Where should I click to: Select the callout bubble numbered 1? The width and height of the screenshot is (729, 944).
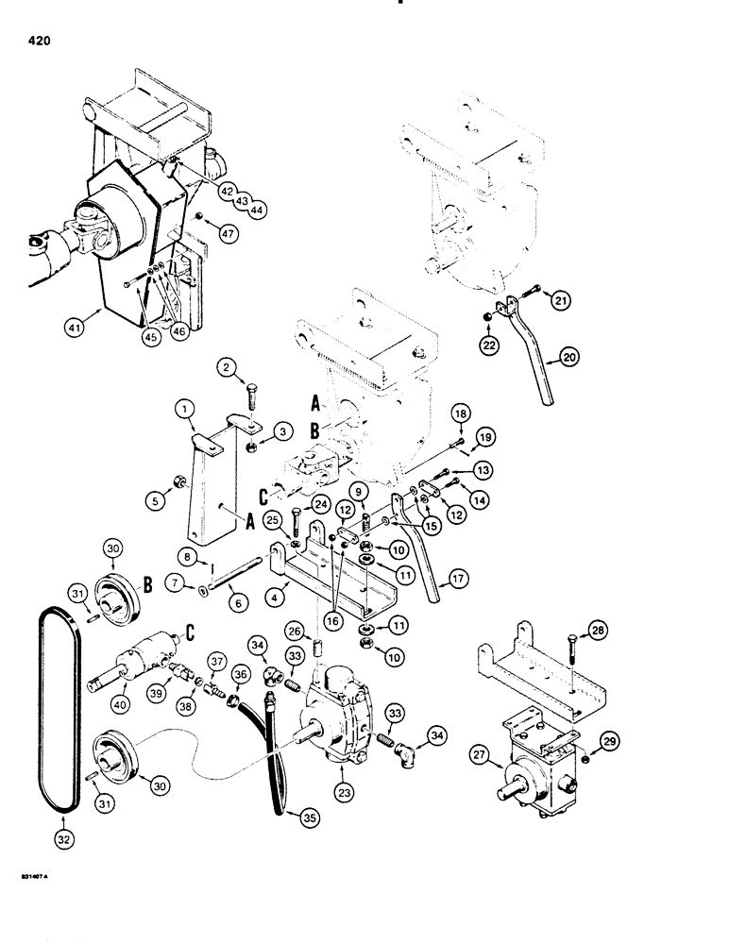pos(186,411)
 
